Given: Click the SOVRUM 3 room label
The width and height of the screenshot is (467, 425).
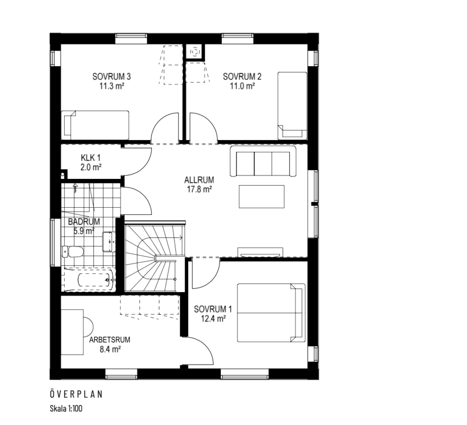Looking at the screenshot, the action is click(x=111, y=77).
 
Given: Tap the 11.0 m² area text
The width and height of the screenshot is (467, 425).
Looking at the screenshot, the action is click(x=242, y=86).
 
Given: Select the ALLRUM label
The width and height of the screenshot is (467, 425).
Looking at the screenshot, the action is click(x=199, y=180).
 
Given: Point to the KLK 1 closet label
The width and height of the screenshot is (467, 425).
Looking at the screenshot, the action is click(x=91, y=157).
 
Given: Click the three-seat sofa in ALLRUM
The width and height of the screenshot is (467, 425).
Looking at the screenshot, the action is click(x=263, y=161).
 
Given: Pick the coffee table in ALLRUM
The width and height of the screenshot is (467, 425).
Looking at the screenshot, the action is click(x=261, y=196).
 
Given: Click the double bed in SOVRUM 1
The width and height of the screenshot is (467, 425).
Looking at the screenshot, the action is click(x=271, y=313).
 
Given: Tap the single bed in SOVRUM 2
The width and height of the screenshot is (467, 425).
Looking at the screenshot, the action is click(x=292, y=105).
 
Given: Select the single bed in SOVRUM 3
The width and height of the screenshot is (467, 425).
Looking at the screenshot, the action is click(x=95, y=125).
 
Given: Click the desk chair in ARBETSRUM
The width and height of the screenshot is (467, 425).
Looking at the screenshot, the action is click(x=88, y=326).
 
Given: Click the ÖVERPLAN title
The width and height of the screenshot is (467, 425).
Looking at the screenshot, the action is click(x=76, y=394).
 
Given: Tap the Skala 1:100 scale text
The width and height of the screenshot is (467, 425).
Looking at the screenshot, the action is click(x=66, y=408).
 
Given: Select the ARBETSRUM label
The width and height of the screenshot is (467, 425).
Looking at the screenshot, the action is click(x=109, y=340).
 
